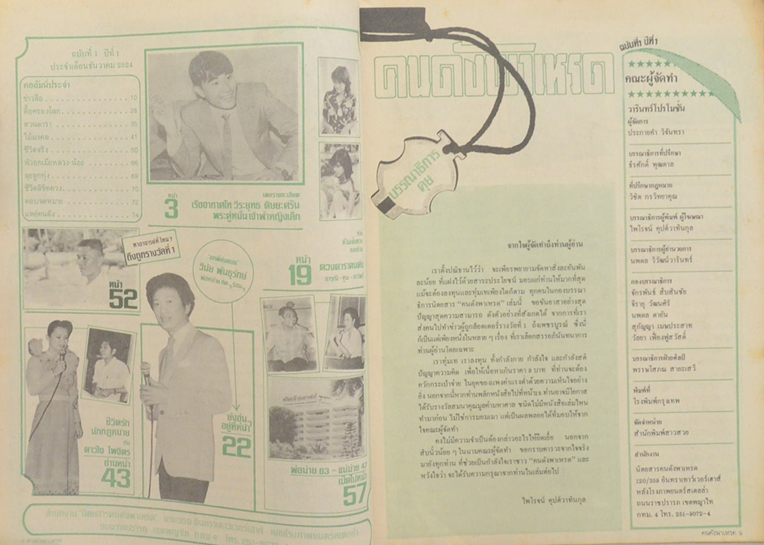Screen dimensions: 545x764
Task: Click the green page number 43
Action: pyautogui.click(x=117, y=478)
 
